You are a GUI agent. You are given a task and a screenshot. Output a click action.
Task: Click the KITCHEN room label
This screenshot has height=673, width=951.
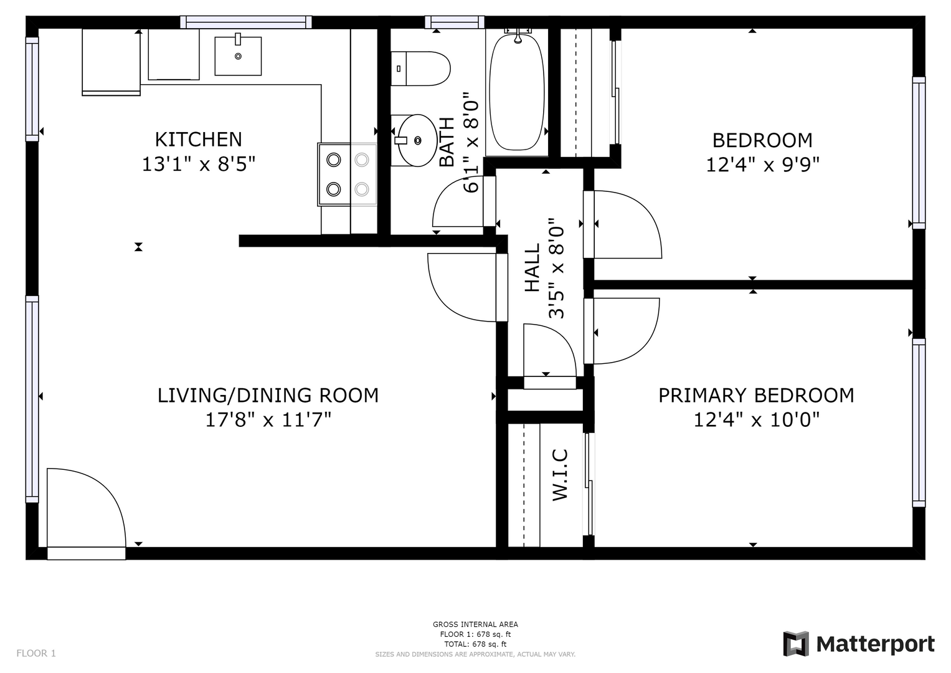(x=198, y=140)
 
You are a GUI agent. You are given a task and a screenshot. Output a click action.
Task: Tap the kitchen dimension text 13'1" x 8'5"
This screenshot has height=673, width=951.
(x=198, y=164)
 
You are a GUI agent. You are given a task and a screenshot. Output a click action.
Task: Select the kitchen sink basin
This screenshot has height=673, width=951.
(x=238, y=56)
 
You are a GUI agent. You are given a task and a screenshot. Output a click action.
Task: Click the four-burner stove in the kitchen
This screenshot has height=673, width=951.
(x=348, y=174)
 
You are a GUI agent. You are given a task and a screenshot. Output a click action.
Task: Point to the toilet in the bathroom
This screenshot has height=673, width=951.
(x=420, y=69)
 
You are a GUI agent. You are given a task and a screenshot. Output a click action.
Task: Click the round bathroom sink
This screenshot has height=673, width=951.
(x=417, y=140)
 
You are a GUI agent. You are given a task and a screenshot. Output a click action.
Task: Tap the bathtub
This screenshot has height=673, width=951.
(x=517, y=92)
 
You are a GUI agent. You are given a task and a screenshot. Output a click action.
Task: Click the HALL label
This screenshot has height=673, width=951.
(x=532, y=267)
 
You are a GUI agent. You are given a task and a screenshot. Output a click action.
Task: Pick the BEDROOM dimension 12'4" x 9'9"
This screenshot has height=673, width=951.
(x=762, y=165)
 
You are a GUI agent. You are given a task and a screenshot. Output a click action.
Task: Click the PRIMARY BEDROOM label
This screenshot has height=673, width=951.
(x=756, y=395)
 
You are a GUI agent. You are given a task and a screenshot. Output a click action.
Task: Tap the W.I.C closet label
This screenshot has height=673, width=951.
(x=560, y=474)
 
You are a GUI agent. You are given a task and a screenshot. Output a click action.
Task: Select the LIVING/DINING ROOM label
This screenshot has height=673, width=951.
(x=268, y=395)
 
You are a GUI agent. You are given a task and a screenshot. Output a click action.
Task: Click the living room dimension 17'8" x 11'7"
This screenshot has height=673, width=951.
(x=268, y=420)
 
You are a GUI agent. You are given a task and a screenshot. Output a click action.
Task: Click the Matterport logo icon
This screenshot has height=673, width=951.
(x=796, y=644)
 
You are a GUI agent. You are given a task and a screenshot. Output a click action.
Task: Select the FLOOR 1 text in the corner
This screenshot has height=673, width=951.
(x=36, y=653)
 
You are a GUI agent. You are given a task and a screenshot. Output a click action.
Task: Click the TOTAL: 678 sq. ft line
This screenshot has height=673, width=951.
(x=475, y=644)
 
